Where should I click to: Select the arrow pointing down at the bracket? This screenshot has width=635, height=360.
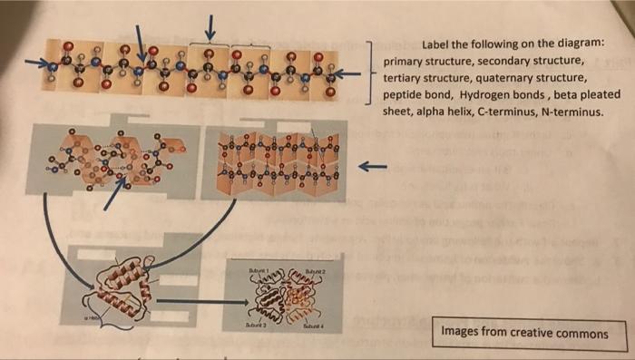pyautogui.click(x=210, y=26)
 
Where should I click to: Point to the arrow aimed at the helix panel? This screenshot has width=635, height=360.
pyautogui.click(x=114, y=192)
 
